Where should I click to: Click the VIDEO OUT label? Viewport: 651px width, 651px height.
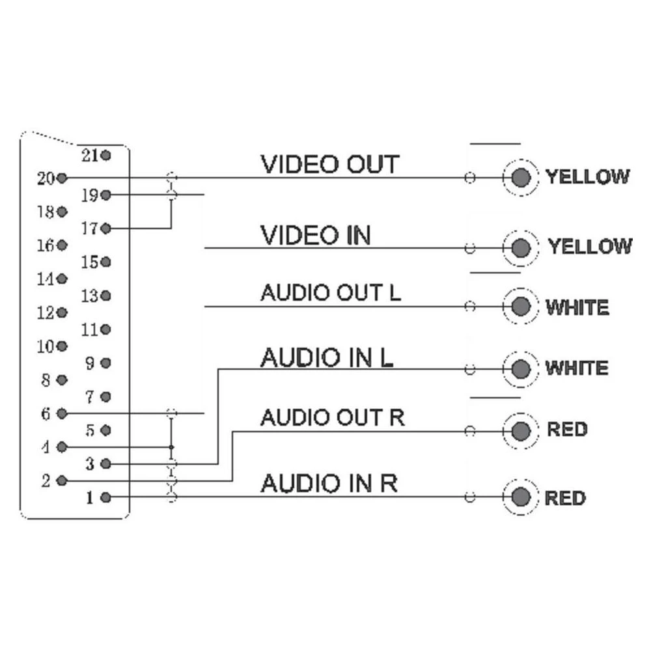(329, 164)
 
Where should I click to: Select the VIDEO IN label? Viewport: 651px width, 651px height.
(315, 235)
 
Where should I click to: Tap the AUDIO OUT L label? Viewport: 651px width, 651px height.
(331, 293)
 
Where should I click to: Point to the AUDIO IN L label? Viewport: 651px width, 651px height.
(326, 357)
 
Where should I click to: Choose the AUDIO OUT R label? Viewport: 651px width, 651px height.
(332, 417)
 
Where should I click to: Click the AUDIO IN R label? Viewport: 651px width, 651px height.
(329, 484)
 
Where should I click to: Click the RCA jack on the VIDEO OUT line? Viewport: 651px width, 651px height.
(520, 177)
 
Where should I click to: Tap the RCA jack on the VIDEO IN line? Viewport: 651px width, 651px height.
(520, 247)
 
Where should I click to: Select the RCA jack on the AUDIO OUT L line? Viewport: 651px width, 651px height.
(520, 306)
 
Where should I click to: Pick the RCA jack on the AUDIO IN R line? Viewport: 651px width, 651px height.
(520, 498)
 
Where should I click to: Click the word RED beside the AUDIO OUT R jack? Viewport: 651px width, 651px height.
(567, 430)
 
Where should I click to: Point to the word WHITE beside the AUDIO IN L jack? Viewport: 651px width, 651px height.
(577, 368)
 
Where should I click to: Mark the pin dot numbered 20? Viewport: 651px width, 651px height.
(62, 178)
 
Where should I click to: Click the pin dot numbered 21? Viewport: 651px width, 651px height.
(106, 156)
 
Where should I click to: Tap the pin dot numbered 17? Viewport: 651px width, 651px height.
(106, 229)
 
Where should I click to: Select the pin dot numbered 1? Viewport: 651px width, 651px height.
(106, 499)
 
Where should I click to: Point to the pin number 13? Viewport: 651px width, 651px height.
(90, 296)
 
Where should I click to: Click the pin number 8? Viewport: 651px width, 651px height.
(46, 380)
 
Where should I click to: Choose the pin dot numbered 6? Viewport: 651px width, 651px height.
(62, 413)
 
